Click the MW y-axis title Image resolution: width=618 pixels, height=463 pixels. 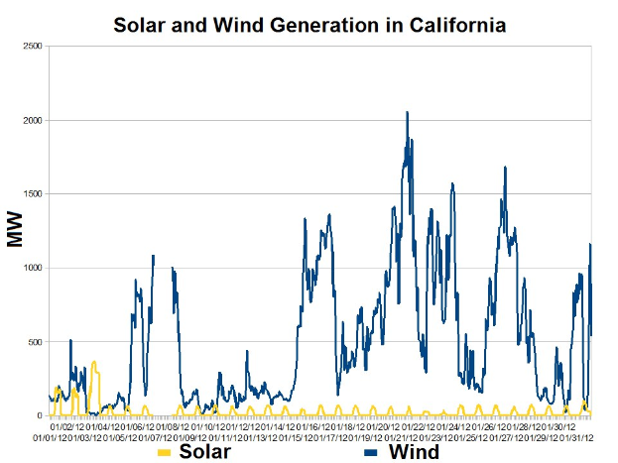(x=15, y=230)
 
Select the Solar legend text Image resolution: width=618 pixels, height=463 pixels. (x=205, y=452)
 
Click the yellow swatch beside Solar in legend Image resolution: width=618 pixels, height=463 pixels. (x=165, y=453)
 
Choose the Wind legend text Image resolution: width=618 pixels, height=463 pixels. (x=414, y=452)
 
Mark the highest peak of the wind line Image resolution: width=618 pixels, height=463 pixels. (x=407, y=112)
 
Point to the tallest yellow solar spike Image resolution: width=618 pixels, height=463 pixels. (x=94, y=362)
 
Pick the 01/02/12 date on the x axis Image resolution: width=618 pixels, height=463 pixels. (x=68, y=426)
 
